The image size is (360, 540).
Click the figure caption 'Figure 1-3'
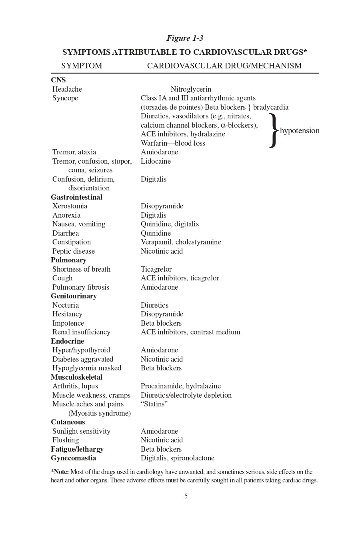[185, 38]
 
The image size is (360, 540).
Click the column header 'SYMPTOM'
[82, 66]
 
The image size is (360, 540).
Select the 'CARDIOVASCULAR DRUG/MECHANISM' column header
[224, 66]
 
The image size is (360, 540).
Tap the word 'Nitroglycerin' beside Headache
[191, 89]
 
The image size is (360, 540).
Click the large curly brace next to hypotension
[273, 130]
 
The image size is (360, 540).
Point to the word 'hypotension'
[300, 130]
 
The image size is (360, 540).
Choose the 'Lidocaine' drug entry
[156, 161]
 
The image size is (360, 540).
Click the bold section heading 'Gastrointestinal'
[76, 197]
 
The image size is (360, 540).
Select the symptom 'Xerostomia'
[70, 206]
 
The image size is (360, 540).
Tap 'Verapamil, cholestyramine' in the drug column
[181, 242]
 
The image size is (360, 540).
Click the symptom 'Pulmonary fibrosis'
[81, 287]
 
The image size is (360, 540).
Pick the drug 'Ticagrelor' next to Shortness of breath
[156, 269]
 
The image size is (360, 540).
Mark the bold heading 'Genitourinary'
[74, 296]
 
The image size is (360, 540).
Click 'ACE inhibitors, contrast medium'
[190, 332]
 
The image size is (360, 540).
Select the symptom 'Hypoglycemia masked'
[87, 368]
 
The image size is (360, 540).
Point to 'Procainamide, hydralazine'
[181, 386]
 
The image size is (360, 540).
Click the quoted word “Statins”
[154, 404]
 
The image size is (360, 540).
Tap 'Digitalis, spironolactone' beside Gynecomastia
[178, 458]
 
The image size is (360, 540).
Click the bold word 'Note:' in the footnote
[62, 472]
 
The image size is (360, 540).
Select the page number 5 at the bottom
[186, 496]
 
